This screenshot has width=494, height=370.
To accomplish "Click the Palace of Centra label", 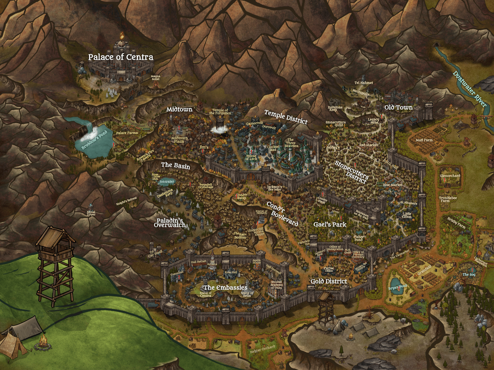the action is click(120, 57).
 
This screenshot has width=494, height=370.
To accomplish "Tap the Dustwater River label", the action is click(470, 89).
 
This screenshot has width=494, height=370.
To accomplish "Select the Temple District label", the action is click(286, 117).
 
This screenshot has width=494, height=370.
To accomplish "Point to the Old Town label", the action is click(398, 107).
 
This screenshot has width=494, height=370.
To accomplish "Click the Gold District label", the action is click(329, 281).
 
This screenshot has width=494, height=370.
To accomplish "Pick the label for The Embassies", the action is click(225, 288).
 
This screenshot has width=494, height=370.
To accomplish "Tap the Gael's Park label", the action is click(330, 224).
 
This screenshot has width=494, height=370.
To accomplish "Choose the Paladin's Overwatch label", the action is click(170, 223).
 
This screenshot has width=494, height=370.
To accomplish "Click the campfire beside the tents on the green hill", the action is click(43, 342).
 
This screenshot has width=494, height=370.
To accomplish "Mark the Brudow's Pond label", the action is click(94, 140).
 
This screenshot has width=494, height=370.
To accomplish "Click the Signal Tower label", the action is click(91, 213).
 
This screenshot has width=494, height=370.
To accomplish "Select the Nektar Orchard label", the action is click(262, 349).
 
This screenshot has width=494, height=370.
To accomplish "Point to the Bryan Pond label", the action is click(397, 287).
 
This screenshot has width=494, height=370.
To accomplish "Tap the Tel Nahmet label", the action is click(363, 83).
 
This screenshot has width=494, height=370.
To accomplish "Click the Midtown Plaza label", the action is click(179, 140).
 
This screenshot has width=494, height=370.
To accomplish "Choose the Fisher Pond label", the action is click(358, 238).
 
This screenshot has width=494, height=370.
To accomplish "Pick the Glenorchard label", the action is click(450, 176).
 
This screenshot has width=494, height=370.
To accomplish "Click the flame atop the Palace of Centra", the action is click(122, 35).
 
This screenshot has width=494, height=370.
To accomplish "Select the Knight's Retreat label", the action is click(126, 201).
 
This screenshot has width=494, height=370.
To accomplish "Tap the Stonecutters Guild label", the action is click(335, 124).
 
